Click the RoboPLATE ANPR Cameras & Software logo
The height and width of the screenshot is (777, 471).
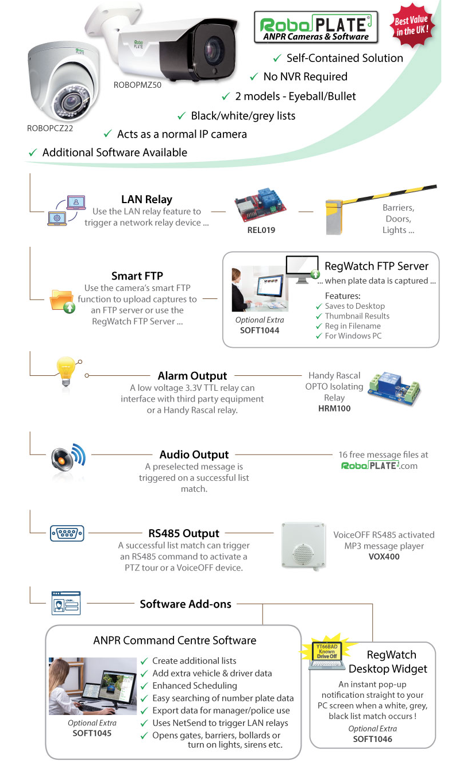315,28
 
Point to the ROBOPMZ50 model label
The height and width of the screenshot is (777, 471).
138,85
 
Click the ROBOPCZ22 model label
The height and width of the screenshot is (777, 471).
50,128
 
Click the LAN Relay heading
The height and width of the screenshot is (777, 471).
146,199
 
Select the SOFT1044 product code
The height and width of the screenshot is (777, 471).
260,330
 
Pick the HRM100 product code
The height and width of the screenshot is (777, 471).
334,408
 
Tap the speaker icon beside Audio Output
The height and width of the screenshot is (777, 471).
67,459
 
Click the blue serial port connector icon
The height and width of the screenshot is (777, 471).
67,533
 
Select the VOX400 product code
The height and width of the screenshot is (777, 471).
384,556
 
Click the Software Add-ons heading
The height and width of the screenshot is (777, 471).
186,604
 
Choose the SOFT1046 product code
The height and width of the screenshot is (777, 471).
372,739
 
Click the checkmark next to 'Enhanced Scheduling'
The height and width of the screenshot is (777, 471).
144,686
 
